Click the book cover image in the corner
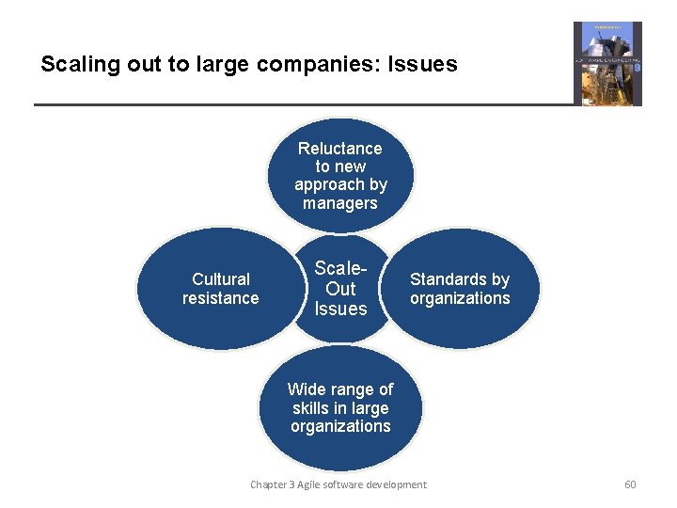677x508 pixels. click(x=607, y=63)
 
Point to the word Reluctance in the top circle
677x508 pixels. click(x=339, y=149)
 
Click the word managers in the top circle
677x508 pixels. click(x=339, y=203)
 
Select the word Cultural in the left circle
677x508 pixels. click(x=221, y=279)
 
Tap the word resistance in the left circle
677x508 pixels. click(x=221, y=298)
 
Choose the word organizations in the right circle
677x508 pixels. click(x=460, y=298)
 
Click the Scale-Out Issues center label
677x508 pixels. click(x=340, y=289)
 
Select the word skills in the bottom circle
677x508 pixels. click(x=310, y=407)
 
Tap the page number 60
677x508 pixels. click(x=630, y=484)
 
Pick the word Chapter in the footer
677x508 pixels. click(x=269, y=484)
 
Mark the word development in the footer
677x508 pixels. click(x=397, y=484)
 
